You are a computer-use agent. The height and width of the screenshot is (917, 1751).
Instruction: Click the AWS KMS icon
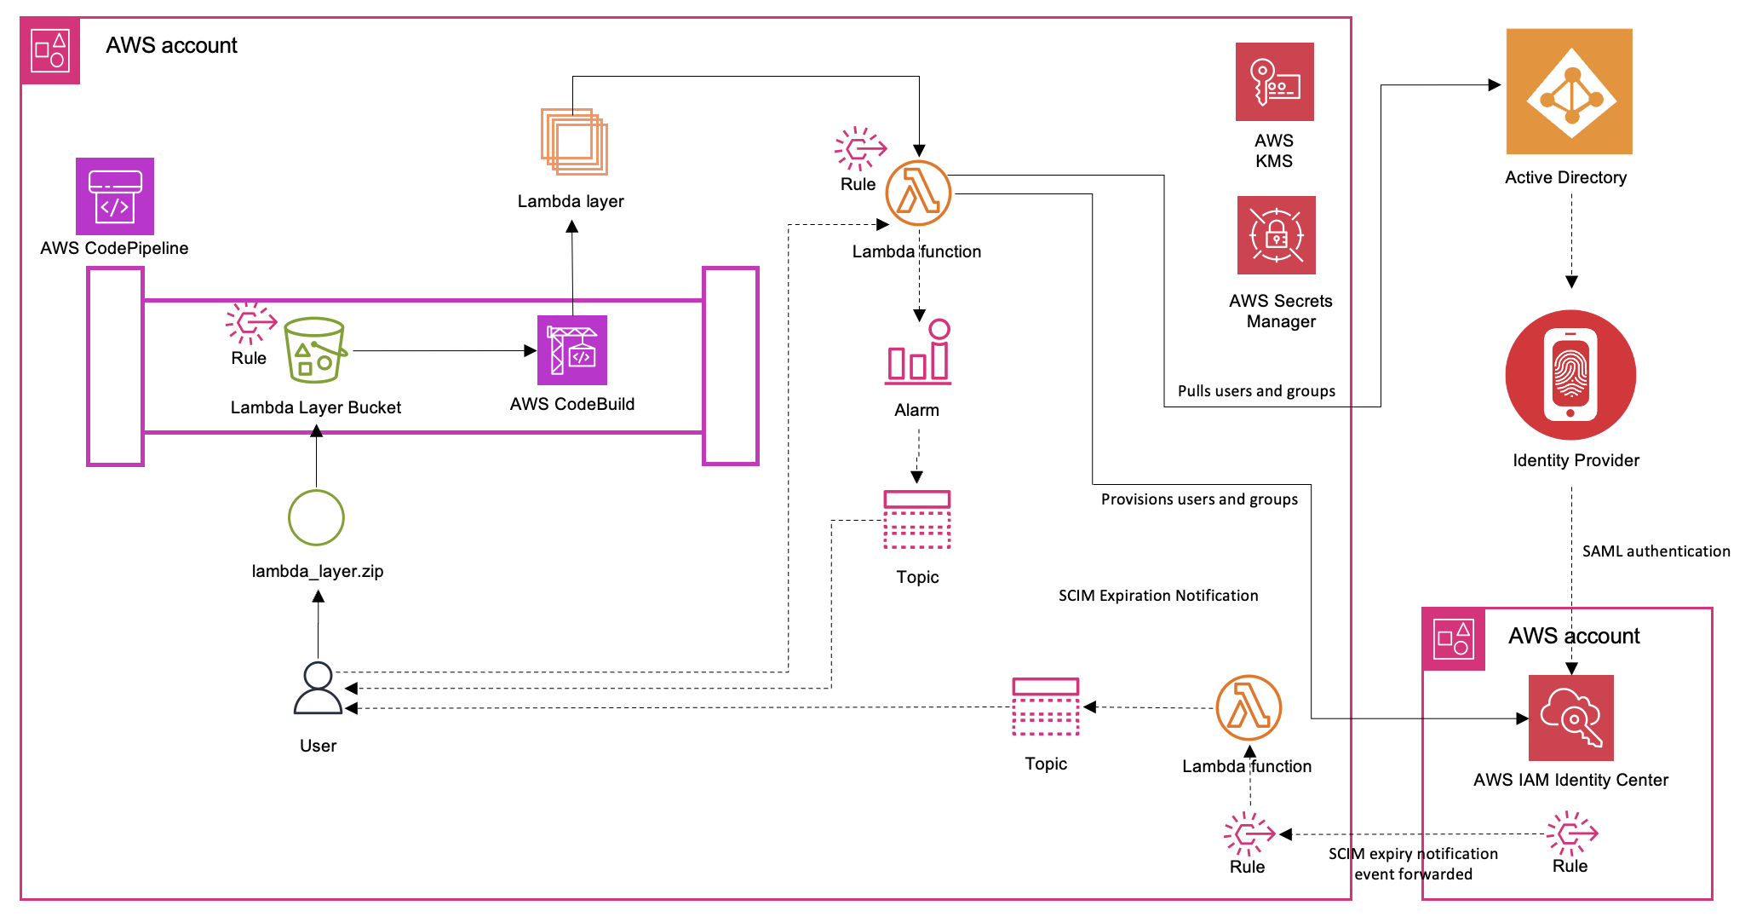pyautogui.click(x=1274, y=82)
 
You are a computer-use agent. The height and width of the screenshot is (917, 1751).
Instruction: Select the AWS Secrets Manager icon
pyautogui.click(x=1276, y=235)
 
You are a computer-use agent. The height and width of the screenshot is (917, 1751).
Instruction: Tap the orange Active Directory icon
pyautogui.click(x=1569, y=92)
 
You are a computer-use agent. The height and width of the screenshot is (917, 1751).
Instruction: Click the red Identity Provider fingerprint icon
pyautogui.click(x=1570, y=375)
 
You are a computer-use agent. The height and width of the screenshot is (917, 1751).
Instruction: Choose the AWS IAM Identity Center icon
pyautogui.click(x=1570, y=718)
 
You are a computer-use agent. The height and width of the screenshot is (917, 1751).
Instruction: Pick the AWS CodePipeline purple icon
pyautogui.click(x=115, y=196)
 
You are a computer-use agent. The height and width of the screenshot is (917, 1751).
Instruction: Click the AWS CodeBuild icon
pyautogui.click(x=572, y=350)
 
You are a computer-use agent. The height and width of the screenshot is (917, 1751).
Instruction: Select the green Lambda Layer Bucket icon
pyautogui.click(x=315, y=350)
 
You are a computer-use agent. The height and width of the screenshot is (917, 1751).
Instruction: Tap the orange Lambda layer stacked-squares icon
pyautogui.click(x=574, y=141)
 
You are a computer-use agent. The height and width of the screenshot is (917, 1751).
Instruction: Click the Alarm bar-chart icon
pyautogui.click(x=918, y=353)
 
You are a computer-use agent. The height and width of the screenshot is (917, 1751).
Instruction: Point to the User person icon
pyautogui.click(x=318, y=689)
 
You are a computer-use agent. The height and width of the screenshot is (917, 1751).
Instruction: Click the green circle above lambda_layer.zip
pyautogui.click(x=316, y=517)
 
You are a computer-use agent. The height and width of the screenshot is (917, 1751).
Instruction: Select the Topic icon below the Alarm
pyautogui.click(x=917, y=520)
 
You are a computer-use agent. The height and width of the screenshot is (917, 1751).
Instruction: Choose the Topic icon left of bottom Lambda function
pyautogui.click(x=1046, y=706)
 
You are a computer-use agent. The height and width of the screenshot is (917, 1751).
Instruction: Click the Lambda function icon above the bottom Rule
pyautogui.click(x=1249, y=708)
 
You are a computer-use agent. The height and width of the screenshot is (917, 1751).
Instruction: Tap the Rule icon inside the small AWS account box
pyautogui.click(x=1571, y=833)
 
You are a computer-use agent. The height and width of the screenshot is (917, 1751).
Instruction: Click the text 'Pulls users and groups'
pyautogui.click(x=1256, y=391)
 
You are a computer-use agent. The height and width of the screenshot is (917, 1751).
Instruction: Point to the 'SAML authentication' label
pyautogui.click(x=1656, y=551)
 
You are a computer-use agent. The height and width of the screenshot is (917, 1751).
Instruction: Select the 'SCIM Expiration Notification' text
pyautogui.click(x=1157, y=596)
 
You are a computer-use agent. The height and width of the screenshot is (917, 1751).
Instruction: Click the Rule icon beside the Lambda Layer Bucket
pyautogui.click(x=250, y=322)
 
